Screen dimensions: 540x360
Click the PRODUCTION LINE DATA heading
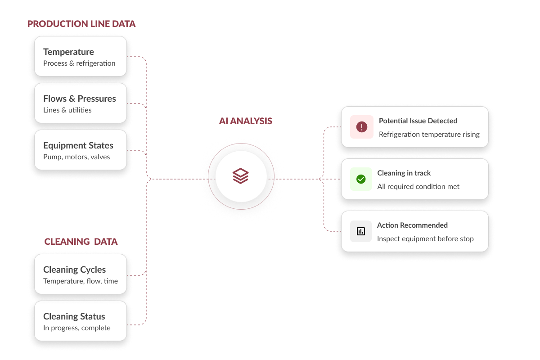(81, 24)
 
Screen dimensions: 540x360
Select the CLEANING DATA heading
(81, 242)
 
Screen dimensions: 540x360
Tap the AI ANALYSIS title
(245, 121)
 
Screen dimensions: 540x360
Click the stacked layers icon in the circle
(241, 176)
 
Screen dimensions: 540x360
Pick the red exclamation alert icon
(362, 127)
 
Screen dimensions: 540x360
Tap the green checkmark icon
(361, 179)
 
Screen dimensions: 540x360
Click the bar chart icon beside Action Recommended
(361, 231)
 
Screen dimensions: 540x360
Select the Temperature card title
(69, 52)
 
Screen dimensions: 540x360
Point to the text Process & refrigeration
(79, 63)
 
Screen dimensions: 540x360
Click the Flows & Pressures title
(80, 99)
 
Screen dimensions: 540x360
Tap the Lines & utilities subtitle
(67, 110)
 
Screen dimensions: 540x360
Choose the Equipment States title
(78, 146)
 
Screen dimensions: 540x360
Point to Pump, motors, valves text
(76, 157)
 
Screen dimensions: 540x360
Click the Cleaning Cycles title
(75, 270)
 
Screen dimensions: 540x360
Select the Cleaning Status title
(74, 316)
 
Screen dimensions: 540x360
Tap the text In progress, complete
(77, 328)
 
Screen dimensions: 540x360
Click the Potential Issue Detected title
(418, 121)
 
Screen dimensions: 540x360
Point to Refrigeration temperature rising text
(429, 134)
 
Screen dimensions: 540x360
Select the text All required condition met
(418, 186)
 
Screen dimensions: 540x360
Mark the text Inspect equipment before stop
(426, 238)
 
